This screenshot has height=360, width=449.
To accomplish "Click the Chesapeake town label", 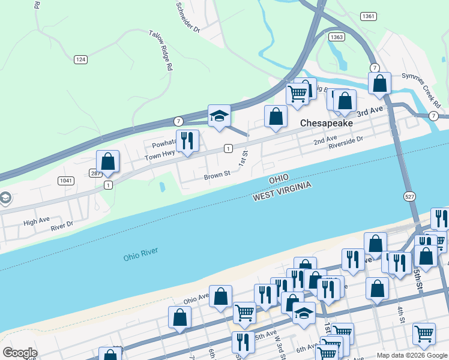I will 325,122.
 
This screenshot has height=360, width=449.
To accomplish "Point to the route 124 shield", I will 81,59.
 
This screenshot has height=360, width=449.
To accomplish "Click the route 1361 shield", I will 369,16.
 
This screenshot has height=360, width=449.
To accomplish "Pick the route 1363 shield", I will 337,37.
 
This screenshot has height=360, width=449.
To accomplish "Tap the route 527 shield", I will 406,196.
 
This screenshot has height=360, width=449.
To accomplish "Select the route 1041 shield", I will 66,181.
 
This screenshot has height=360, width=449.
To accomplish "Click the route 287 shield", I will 96,173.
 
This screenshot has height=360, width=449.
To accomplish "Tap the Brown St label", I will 217,176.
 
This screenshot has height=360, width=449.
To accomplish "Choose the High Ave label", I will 36,222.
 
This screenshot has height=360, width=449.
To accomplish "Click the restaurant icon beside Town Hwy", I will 187,142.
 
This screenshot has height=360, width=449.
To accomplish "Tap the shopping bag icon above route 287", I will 108,161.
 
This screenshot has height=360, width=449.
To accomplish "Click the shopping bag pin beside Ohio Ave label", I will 221,297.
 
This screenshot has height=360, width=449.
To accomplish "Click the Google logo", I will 20,353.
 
